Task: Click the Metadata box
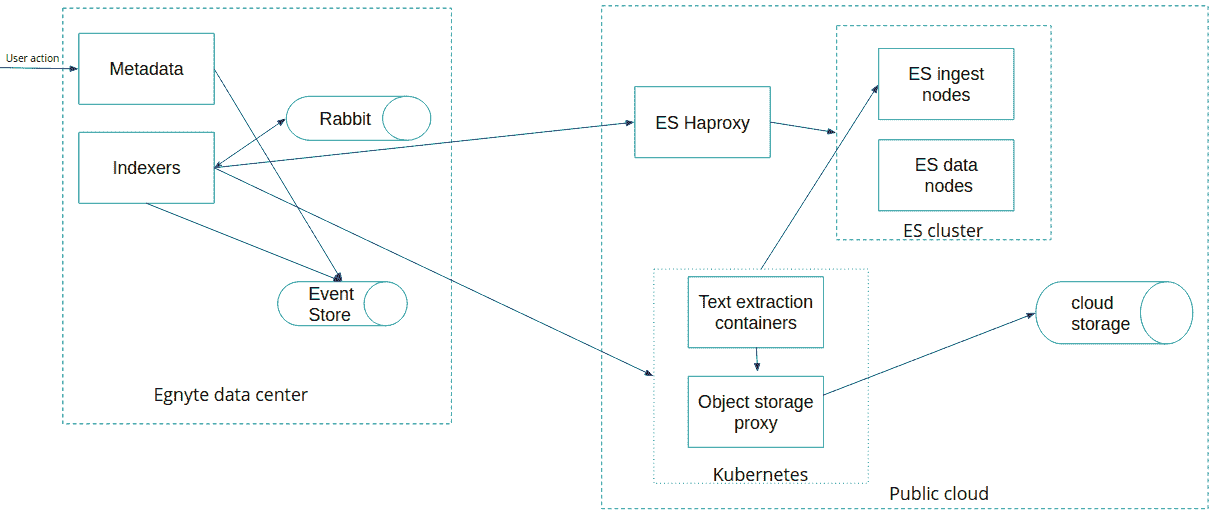pos(147,69)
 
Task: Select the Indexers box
pos(147,168)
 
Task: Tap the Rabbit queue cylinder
pos(358,118)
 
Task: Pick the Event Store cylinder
pos(342,304)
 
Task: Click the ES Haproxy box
pos(702,122)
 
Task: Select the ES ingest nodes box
pos(946,84)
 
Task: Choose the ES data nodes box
pos(946,175)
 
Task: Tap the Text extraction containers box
pos(756,312)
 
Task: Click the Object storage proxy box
pos(756,412)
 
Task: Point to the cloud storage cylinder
pos(1114,313)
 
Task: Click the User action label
pos(33,58)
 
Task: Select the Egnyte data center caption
pos(231,395)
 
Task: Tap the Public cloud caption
pos(939,494)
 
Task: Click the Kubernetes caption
pos(760,475)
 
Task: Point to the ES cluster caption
pos(943,231)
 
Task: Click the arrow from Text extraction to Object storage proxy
pos(757,360)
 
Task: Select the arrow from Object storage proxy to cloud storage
pos(929,354)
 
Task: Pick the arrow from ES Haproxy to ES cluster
pos(803,127)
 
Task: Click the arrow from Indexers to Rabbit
pos(250,143)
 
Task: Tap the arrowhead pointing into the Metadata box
pos(74,69)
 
